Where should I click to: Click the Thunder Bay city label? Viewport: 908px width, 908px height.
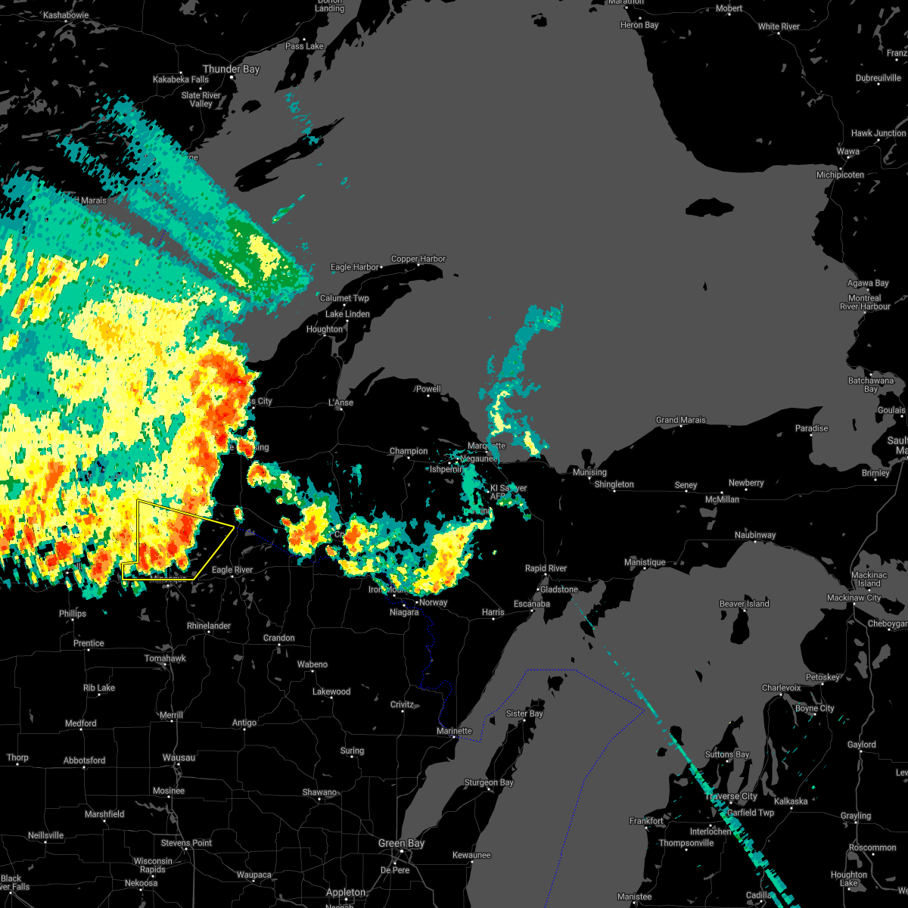(x=231, y=69)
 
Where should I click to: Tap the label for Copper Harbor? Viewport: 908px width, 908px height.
(x=418, y=259)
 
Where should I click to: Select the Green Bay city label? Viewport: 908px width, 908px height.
(x=401, y=843)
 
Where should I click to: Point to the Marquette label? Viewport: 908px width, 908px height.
(x=486, y=446)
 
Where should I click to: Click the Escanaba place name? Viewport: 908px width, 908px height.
(x=531, y=604)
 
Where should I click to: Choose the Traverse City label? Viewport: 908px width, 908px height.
(x=731, y=796)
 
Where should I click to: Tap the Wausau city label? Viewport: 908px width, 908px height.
(x=179, y=757)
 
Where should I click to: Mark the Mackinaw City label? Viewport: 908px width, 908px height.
(x=854, y=598)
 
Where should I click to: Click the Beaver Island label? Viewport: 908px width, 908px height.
(x=745, y=604)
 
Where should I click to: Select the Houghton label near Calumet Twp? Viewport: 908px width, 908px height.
(x=325, y=329)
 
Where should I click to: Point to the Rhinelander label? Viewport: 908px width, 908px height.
(x=209, y=626)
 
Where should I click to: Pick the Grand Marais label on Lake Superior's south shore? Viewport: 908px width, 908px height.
(x=680, y=420)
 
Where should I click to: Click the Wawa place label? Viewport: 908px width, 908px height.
(x=847, y=151)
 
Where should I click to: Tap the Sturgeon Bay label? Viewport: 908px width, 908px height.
(x=488, y=782)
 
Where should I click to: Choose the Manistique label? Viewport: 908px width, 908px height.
(x=645, y=562)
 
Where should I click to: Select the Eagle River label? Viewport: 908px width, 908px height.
(x=232, y=570)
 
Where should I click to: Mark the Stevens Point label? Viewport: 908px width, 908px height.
(x=186, y=843)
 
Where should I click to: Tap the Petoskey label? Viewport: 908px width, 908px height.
(x=822, y=677)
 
